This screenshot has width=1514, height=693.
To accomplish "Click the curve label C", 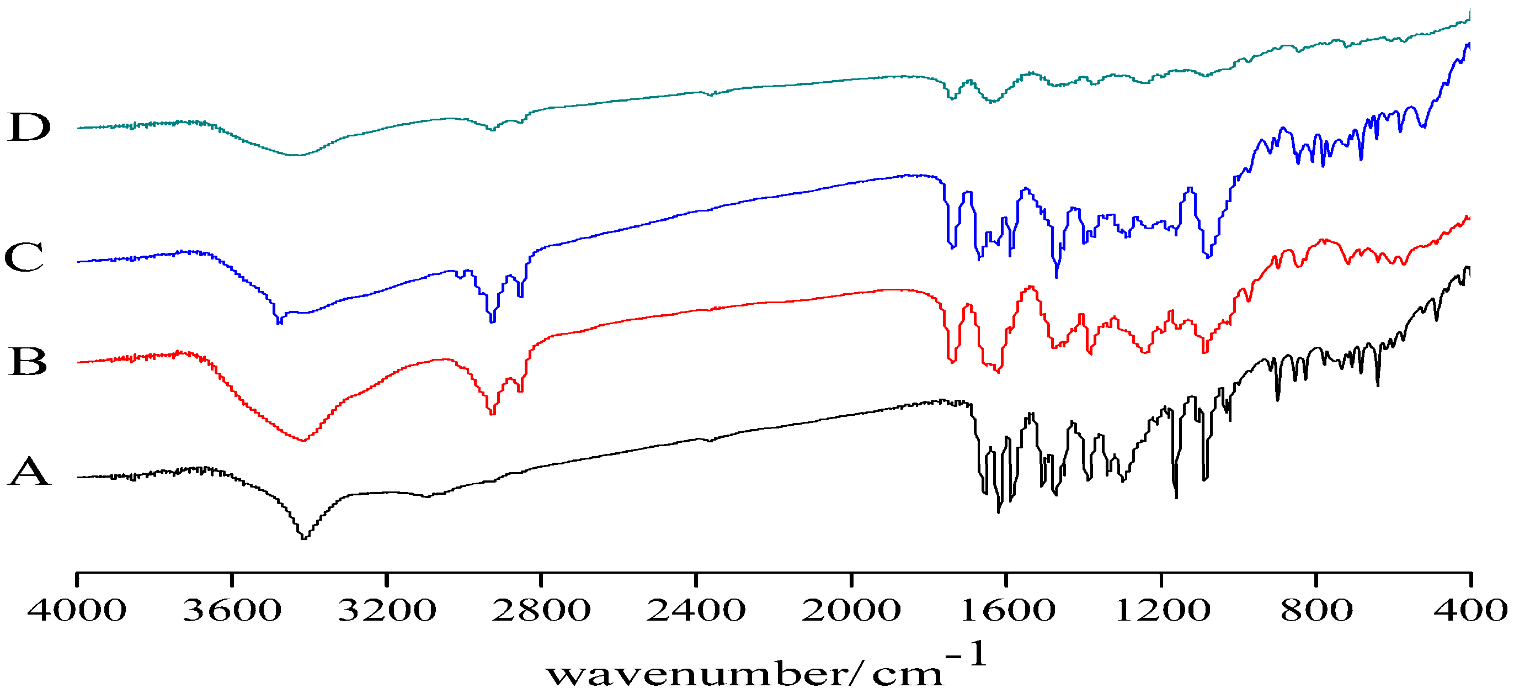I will [24, 257].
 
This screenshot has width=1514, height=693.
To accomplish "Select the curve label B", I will [28, 361].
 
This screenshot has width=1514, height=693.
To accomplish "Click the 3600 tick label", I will [232, 610].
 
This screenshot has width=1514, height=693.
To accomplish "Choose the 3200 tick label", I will [387, 610].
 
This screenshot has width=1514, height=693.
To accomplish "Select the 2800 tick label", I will [541, 610].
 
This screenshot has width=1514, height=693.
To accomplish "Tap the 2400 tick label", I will [696, 610].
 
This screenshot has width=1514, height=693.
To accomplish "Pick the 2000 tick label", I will [851, 610].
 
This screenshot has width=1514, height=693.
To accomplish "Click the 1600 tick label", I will [1007, 610].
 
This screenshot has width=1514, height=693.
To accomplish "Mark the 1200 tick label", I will [1162, 610].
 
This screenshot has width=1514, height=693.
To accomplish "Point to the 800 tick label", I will [1316, 610].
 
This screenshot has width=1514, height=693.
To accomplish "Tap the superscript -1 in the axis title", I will [966, 654].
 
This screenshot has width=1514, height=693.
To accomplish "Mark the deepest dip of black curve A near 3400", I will [304, 538].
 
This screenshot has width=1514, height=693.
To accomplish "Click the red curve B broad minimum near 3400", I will [303, 440].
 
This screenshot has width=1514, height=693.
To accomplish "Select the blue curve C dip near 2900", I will [493, 321].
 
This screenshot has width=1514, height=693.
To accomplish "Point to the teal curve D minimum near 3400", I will [297, 155].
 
